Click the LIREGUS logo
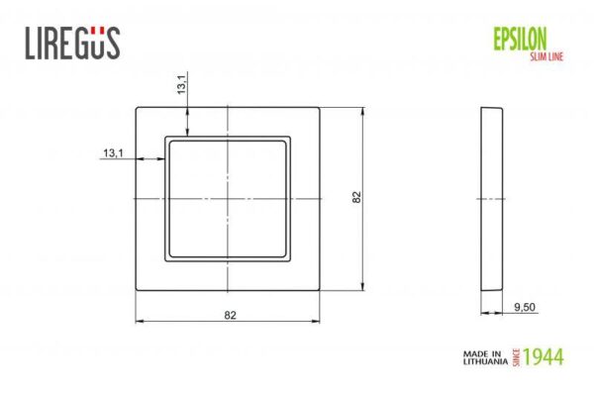(x=72, y=43)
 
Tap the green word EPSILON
(x=520, y=39)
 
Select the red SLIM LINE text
(x=546, y=56)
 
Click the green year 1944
(x=544, y=356)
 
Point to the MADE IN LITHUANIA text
(x=485, y=357)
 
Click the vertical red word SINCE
(x=517, y=357)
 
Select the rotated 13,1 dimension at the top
(x=182, y=84)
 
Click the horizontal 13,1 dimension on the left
(x=113, y=153)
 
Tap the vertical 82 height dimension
(x=356, y=197)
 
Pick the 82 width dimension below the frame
(x=230, y=315)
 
